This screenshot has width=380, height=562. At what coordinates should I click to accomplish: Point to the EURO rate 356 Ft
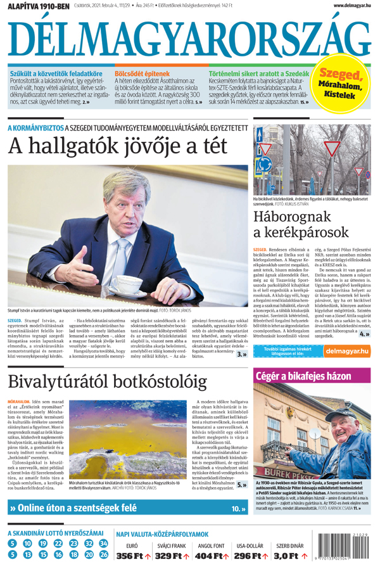[x=132, y=556]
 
